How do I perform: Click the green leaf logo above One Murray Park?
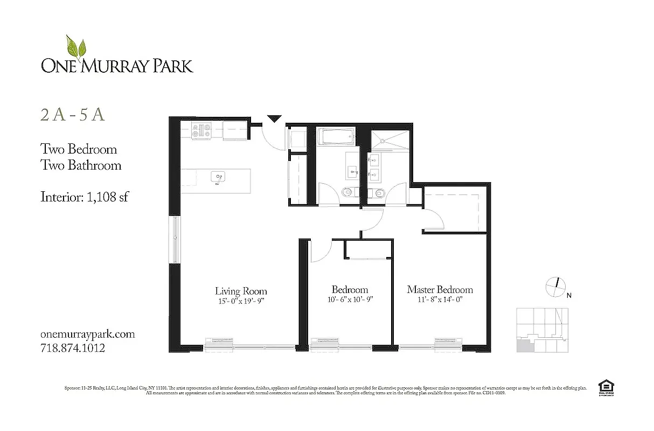tap(76, 47)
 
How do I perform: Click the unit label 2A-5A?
tap(72, 116)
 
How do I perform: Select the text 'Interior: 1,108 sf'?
tap(84, 197)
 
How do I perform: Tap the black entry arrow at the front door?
tap(275, 119)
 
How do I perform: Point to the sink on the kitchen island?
tap(218, 177)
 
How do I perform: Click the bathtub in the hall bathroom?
tap(336, 136)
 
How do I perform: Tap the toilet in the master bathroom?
tap(378, 192)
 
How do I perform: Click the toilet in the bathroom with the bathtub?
tap(349, 191)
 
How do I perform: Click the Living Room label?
tap(241, 290)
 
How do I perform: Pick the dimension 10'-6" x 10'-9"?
tap(350, 300)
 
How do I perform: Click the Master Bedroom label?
tap(440, 290)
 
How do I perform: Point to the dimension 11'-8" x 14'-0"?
tap(440, 300)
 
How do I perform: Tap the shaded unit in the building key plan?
tap(523, 345)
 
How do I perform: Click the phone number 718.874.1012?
tap(73, 348)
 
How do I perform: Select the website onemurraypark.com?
tap(87, 334)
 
